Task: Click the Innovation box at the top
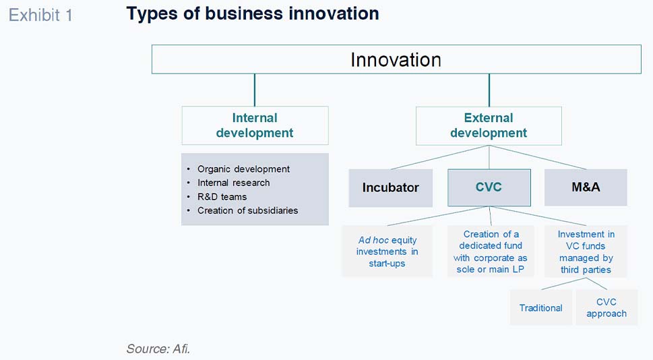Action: [x=396, y=59]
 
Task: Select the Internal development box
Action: [x=255, y=125]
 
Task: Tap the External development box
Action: [x=489, y=125]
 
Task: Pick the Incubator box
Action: [x=391, y=187]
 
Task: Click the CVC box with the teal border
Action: [x=489, y=187]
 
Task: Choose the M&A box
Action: [x=586, y=187]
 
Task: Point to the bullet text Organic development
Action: [x=243, y=169]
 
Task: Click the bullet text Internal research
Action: [x=233, y=183]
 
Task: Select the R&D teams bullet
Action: [x=222, y=197]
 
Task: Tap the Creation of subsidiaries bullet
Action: [x=247, y=210]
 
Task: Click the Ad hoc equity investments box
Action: [x=387, y=251]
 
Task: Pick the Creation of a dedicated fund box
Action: [x=490, y=251]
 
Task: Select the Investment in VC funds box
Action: [x=586, y=251]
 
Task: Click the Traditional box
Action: [x=540, y=307]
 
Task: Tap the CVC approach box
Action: [x=607, y=307]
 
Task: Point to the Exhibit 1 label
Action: [x=40, y=16]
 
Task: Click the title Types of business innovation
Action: [x=252, y=13]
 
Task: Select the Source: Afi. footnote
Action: [x=158, y=349]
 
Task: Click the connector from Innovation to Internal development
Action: [x=255, y=90]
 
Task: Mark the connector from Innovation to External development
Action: [x=489, y=90]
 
